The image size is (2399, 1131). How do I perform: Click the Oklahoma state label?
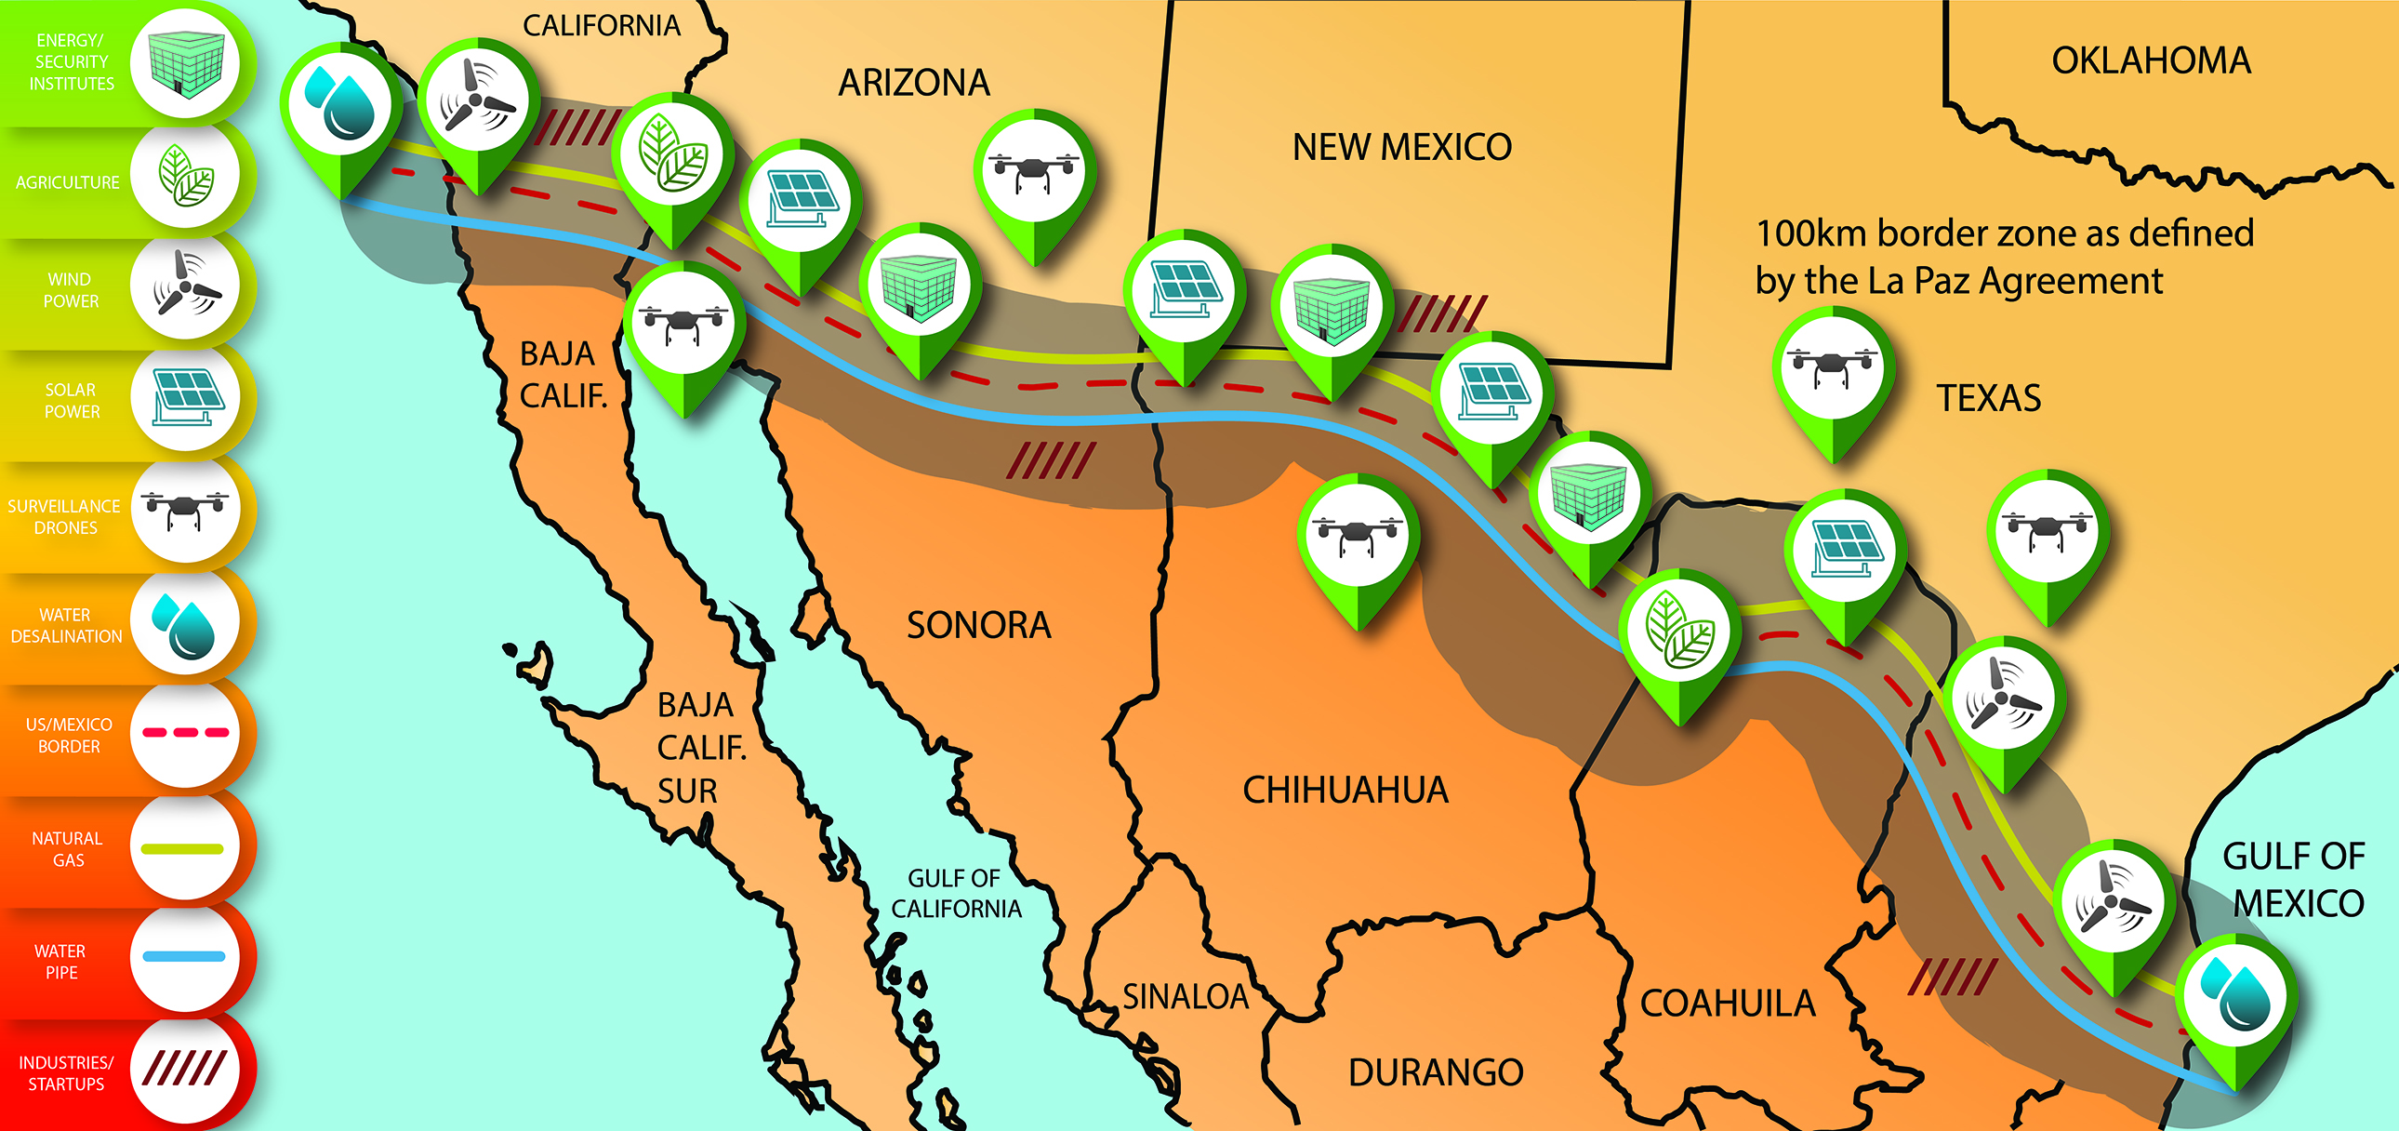2151,61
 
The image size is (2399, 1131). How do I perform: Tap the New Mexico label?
1401,147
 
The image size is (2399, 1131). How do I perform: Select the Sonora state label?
979,625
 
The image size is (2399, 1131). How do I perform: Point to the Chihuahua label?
1345,790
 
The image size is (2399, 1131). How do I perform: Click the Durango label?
1435,1072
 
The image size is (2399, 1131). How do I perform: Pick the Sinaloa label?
1185,997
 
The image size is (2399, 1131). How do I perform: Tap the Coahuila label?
1728,1004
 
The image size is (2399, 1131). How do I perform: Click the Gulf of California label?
956,894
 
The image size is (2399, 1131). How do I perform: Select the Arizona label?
914,84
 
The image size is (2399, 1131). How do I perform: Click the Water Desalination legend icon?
184,621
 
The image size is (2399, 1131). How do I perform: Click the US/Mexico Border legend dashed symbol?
184,733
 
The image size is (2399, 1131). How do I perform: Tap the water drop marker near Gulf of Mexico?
2235,997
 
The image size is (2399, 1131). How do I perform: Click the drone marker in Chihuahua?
1358,535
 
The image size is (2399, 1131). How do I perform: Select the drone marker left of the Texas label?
1832,366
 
